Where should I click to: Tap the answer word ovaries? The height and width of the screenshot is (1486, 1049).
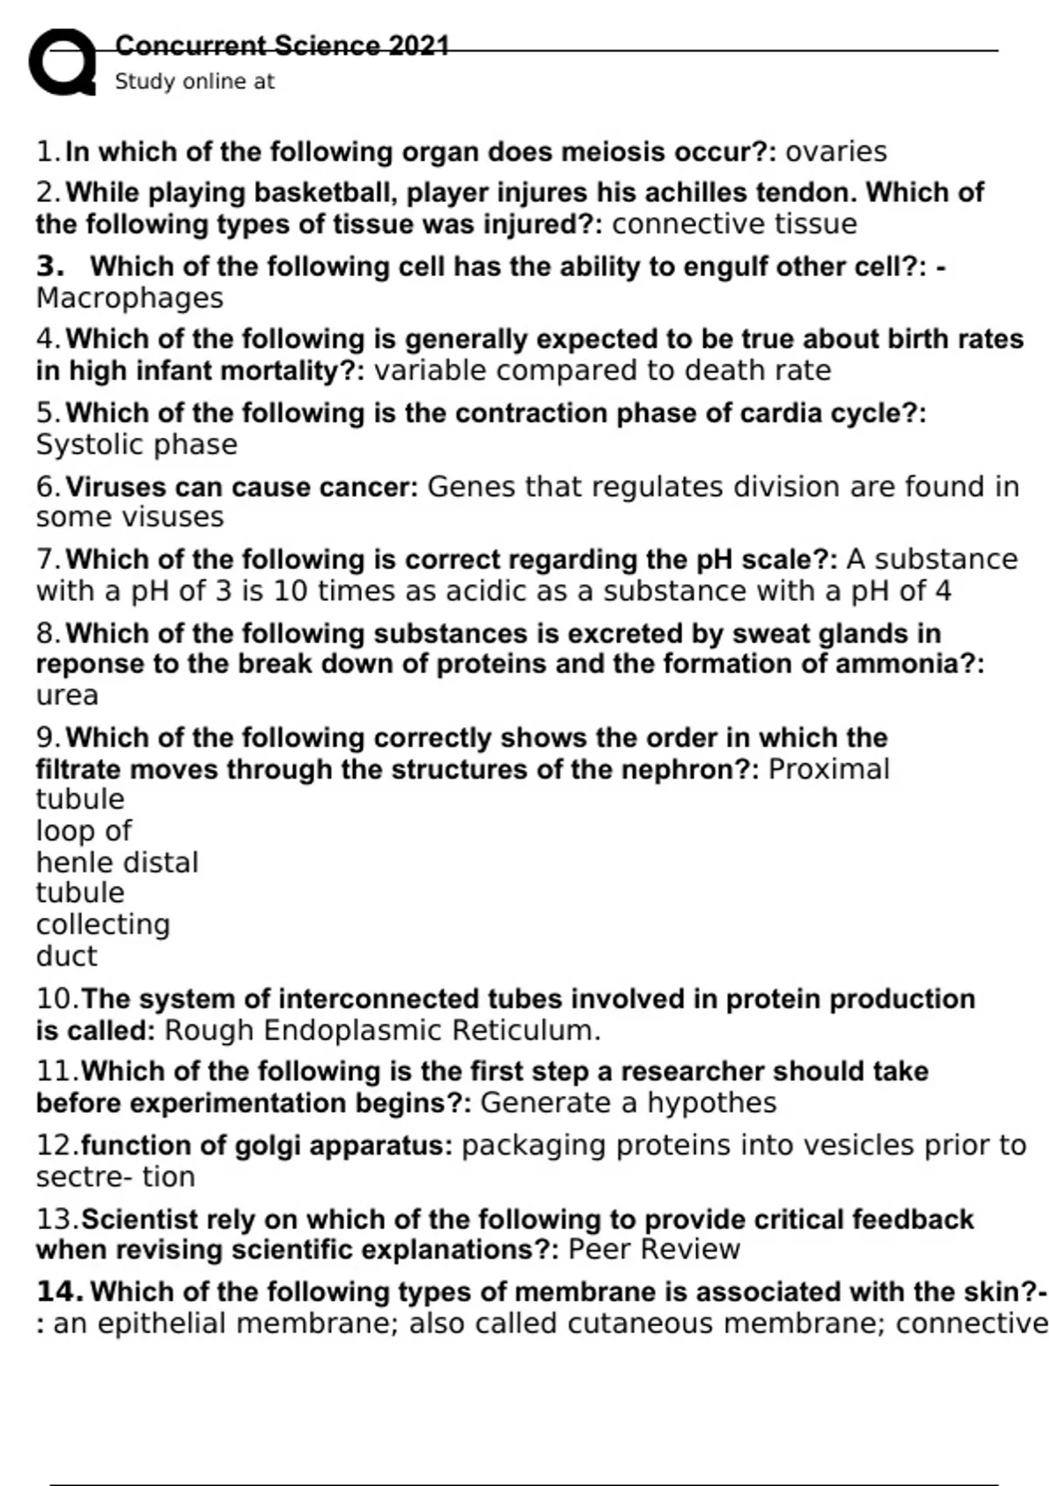point(836,152)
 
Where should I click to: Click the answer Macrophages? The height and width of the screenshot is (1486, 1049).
point(129,298)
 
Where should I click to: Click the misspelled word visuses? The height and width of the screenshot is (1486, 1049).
point(178,517)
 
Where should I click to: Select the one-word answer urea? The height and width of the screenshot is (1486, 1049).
point(66,695)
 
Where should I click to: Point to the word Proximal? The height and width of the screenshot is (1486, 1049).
point(828,769)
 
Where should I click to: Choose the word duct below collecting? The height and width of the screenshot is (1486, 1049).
point(66,955)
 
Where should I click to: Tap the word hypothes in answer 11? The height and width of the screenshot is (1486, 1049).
point(712,1103)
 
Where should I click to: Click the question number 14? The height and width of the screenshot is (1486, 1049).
point(59,1292)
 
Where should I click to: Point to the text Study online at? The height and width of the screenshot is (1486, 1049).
point(194,82)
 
